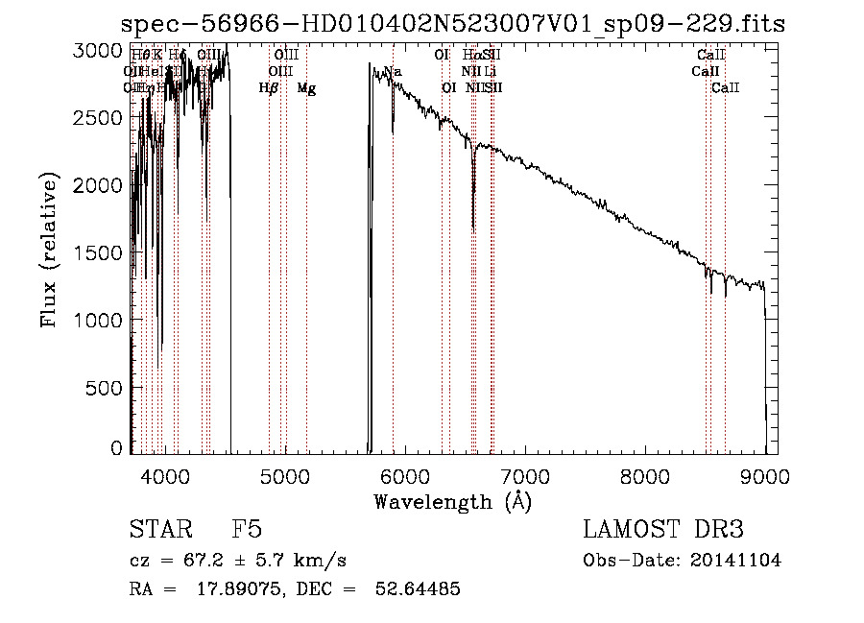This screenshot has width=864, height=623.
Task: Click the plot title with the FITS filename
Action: pos(452,24)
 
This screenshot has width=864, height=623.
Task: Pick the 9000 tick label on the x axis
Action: pos(765,475)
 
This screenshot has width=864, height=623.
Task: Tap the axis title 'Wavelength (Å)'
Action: pos(452,501)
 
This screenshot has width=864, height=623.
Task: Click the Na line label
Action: pos(393,71)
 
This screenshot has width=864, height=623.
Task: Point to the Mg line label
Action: pos(306,88)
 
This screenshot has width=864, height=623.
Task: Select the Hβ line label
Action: pos(269,88)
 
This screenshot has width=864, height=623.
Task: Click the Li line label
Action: pos(491,71)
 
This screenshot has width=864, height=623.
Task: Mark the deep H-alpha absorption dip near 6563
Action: pos(473,227)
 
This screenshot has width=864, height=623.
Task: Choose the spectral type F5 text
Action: pos(247,530)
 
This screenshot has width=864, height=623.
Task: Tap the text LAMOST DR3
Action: pos(662,530)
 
